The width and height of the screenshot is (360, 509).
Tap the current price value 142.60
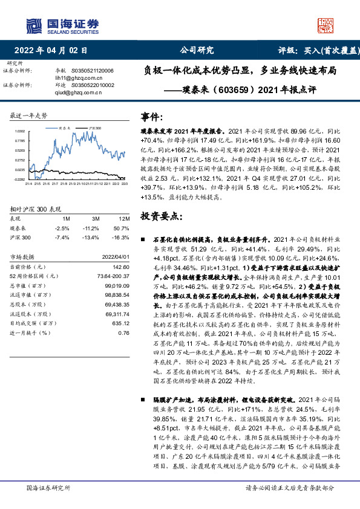121,267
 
